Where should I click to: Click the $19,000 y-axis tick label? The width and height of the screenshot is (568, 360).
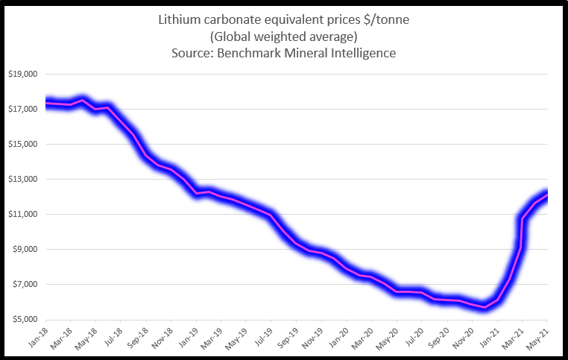pos(24,75)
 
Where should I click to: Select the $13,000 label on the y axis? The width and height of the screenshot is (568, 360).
pos(24,180)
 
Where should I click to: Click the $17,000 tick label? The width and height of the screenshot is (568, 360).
pos(24,110)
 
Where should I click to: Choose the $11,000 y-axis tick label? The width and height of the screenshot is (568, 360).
pos(24,215)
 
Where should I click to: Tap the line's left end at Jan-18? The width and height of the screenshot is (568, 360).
pos(46,103)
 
